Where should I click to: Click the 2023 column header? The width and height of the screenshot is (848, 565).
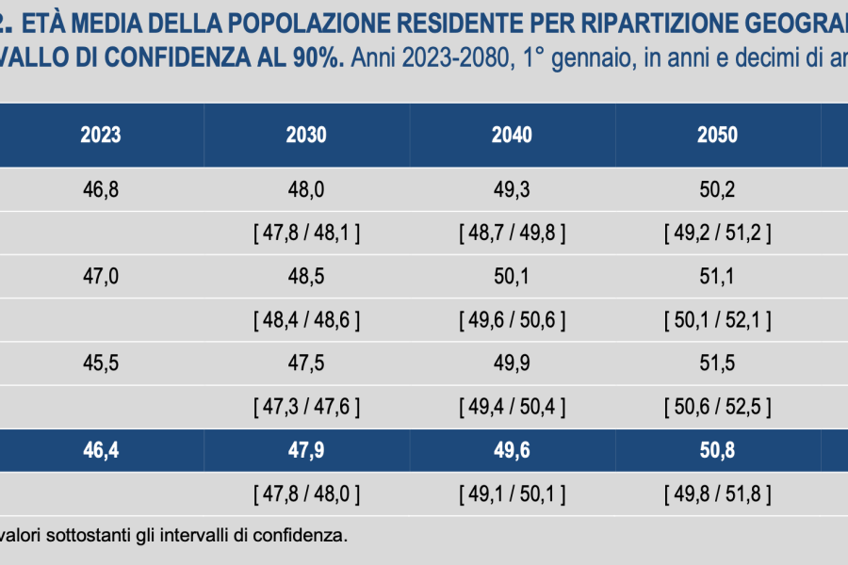[x=101, y=136]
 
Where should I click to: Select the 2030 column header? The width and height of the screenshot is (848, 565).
[x=306, y=136]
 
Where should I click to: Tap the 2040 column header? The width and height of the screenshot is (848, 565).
[x=512, y=136]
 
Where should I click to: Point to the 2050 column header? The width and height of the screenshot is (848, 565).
[x=717, y=136]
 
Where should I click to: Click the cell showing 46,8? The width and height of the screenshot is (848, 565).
[x=101, y=190]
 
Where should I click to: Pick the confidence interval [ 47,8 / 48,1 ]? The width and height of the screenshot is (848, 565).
[x=306, y=234]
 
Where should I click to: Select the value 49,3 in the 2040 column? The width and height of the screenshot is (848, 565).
[x=512, y=190]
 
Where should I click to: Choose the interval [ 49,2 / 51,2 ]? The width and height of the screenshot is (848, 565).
[x=717, y=234]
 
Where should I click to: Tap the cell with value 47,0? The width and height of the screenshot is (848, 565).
[x=101, y=277]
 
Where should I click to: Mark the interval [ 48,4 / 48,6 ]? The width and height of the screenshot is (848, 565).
[x=306, y=320]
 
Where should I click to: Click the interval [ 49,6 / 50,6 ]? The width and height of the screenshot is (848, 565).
[x=512, y=320]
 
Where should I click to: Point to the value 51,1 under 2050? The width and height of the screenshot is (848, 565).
[x=717, y=277]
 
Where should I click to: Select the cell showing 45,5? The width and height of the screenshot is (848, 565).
[x=101, y=363]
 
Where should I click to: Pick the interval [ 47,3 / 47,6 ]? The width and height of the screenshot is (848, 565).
[x=306, y=407]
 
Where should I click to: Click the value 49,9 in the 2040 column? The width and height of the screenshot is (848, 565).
[x=512, y=363]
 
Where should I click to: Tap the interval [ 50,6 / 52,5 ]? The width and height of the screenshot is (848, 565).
[x=717, y=407]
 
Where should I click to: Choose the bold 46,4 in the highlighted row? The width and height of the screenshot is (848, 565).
[x=101, y=450]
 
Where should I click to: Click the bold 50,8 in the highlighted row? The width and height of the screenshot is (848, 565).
[x=717, y=450]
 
